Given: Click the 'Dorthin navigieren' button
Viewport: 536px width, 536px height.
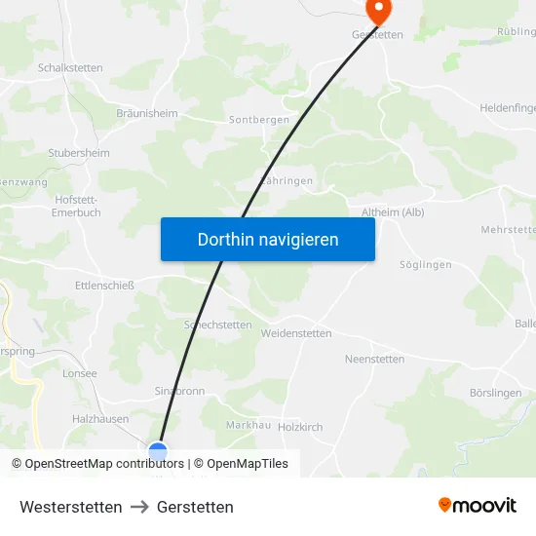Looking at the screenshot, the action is point(268,239).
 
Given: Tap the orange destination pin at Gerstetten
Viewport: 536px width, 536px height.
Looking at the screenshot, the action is point(377,11).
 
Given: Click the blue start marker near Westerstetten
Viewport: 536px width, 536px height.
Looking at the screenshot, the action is point(158,452).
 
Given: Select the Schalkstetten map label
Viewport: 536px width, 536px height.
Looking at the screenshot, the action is point(70,68).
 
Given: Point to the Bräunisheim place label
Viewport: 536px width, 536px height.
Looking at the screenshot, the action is point(146,113).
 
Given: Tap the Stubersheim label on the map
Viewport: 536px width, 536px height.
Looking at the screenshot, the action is point(79,153).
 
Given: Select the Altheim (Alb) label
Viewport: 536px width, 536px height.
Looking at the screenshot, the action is point(393,212).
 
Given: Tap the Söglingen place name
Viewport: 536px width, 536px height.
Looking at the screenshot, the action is point(426,265).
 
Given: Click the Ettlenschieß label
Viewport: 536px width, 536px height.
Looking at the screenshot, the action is point(104,286).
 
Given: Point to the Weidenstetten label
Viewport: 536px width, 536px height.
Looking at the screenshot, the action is point(296,333).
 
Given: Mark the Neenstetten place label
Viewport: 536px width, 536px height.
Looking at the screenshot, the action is point(374,359).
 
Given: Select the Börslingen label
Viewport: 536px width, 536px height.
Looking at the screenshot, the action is point(495,393).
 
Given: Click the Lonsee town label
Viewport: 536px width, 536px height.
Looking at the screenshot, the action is point(79,373).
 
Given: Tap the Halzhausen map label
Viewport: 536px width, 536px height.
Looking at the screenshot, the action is point(100,418).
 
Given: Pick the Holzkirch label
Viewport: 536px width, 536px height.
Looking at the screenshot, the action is point(300,427).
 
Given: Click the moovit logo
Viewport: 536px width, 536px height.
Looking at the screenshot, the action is point(478,506).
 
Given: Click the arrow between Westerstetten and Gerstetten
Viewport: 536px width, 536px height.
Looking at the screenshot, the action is point(139,507).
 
